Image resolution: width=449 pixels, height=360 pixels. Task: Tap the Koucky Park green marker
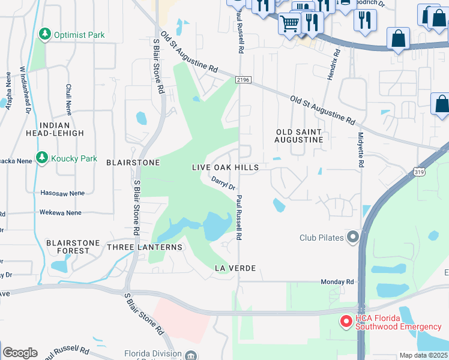pos(41,158)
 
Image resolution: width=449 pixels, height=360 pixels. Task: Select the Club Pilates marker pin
pos(352,238)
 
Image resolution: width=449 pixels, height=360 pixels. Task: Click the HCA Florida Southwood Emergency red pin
pos(346,322)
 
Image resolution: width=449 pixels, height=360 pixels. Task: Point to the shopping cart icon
pos(290,24)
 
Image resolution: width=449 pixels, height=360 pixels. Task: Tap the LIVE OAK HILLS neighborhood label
pos(225,167)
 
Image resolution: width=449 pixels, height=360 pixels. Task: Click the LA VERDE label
pos(235,268)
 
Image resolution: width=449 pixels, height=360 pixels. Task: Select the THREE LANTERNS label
pos(144,247)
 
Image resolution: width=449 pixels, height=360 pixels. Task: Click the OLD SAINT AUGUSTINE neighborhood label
pos(299,136)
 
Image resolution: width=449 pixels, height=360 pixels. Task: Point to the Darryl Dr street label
pos(223,183)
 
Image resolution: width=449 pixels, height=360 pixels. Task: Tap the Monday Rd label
pos(337,281)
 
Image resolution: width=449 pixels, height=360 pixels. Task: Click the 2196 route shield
pos(242,79)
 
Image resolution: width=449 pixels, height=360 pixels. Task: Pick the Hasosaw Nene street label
pos(61,193)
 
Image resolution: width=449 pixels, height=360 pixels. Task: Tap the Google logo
pos(20,352)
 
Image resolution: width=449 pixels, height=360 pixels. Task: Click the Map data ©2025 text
pos(423,355)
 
